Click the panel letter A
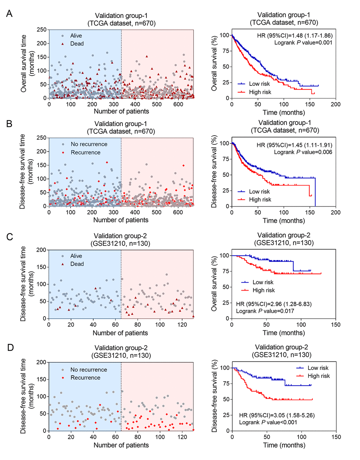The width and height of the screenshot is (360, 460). (x=10, y=14)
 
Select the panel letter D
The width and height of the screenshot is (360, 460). (x=10, y=348)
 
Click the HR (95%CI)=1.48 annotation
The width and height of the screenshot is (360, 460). (x=294, y=35)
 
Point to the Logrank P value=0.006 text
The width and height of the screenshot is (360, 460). (x=303, y=152)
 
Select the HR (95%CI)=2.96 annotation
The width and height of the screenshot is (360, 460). (x=274, y=304)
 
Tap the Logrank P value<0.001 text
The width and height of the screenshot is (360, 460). (x=268, y=422)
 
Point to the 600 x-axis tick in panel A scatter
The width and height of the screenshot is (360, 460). (x=178, y=104)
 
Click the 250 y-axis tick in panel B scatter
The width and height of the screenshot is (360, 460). (x=42, y=138)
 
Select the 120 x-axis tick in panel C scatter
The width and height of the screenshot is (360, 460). (x=182, y=325)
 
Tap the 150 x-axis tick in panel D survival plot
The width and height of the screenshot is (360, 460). (x=336, y=437)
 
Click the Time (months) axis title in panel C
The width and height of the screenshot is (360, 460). (x=283, y=333)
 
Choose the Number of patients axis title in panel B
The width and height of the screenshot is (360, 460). (x=121, y=220)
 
